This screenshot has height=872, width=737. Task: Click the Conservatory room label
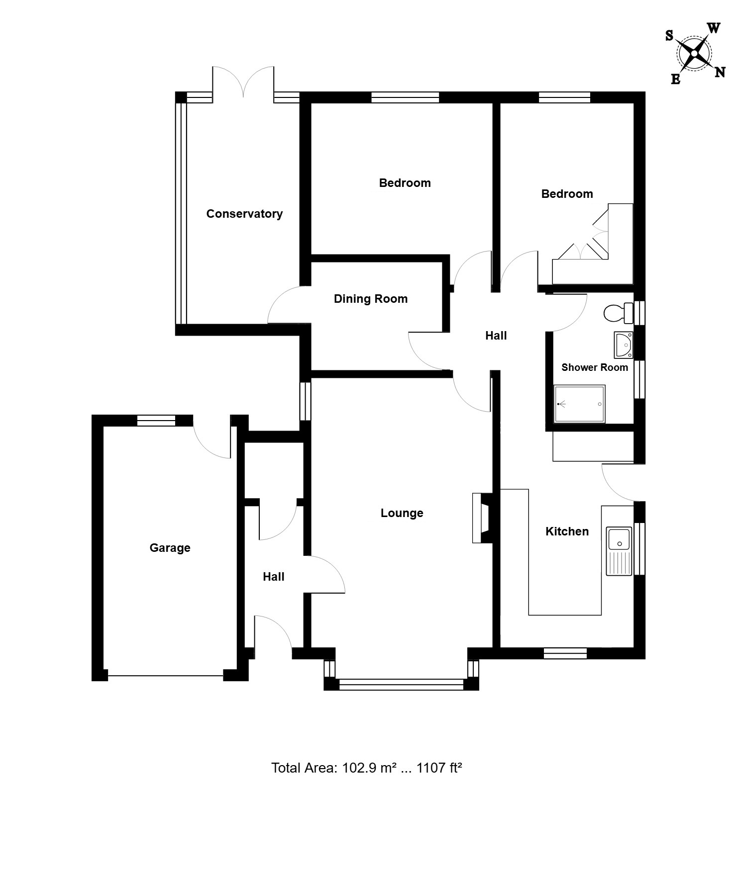(x=244, y=214)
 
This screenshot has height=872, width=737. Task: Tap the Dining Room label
(x=371, y=299)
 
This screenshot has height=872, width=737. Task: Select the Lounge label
(x=402, y=513)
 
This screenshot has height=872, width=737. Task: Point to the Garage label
(x=170, y=548)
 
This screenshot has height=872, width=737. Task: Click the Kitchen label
(x=567, y=531)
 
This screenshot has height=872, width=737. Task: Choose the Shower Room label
(x=595, y=367)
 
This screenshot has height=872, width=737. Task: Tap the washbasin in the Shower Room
(x=624, y=345)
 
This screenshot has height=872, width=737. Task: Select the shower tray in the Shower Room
(x=579, y=404)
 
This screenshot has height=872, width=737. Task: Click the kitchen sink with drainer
(x=619, y=551)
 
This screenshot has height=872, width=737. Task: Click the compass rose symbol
(x=694, y=53)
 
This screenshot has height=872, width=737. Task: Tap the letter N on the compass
(x=720, y=73)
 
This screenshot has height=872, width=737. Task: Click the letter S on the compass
(x=669, y=35)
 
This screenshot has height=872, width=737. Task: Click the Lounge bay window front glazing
(x=401, y=685)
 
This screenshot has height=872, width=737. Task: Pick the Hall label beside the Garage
(x=274, y=577)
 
